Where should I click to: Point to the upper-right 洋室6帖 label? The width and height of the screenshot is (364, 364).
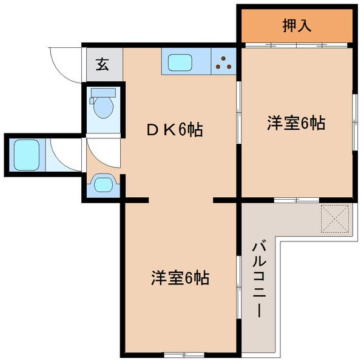coord(296,123)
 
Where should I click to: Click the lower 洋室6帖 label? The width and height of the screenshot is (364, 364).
coord(180,278)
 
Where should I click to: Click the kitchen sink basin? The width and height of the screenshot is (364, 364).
coord(180,62)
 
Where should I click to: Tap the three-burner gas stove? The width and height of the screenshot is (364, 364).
coord(223,62)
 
